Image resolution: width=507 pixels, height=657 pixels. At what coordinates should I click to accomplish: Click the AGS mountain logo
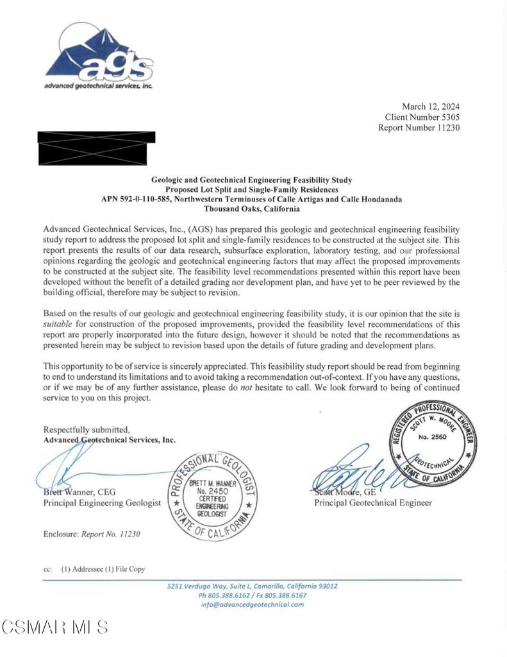coord(99,56)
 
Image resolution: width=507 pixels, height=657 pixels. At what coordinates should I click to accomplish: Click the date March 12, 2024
coord(430,107)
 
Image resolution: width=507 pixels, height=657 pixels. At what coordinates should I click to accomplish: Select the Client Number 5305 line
coord(422,117)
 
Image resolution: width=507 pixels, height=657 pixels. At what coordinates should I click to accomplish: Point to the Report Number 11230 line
coord(419,128)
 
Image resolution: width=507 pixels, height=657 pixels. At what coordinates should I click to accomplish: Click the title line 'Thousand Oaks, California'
coord(252,209)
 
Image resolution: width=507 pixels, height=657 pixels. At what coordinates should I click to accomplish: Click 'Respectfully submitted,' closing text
coord(87,429)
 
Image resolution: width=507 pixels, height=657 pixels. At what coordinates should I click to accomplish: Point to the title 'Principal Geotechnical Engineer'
coord(373,503)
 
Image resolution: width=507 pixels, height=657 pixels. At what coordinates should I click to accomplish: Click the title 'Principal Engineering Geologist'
coord(102,503)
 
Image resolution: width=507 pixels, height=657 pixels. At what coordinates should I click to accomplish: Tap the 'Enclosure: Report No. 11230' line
coord(92,534)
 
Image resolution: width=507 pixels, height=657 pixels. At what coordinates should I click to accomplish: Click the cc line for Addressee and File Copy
coord(94,569)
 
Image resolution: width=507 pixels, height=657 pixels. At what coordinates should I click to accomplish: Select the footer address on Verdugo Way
coord(252,586)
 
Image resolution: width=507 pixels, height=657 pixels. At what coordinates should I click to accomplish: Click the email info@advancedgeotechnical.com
coord(252,604)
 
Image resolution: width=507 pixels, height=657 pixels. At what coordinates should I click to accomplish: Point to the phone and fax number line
coord(252,595)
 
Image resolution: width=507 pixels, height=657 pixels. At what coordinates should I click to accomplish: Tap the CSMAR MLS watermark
coord(55,627)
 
